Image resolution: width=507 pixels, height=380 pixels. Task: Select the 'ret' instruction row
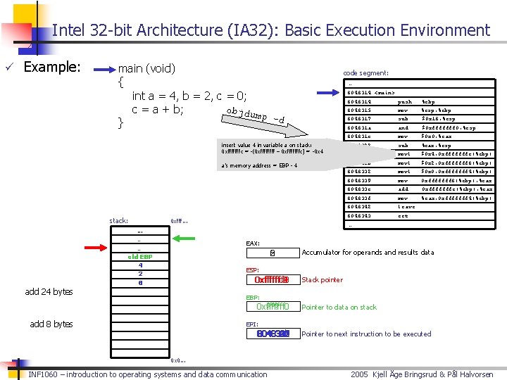point(403,216)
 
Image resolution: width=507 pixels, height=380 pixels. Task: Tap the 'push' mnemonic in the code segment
point(405,101)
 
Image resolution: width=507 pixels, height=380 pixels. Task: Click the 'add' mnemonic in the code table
point(403,189)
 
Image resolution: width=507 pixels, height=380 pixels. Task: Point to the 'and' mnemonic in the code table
point(403,128)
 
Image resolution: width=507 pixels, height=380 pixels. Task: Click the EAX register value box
point(273,253)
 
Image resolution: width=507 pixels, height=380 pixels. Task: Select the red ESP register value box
point(272,280)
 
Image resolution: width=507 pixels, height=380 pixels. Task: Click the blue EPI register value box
point(272,334)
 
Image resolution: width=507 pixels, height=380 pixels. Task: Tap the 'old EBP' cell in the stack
point(140,257)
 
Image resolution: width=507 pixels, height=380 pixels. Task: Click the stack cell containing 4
point(140,265)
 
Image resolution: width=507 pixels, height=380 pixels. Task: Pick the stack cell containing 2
point(140,274)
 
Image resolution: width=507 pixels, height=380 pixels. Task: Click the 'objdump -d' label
point(256,116)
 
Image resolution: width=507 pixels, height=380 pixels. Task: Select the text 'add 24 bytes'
point(49,292)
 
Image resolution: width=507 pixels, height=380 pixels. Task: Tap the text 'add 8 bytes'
point(51,324)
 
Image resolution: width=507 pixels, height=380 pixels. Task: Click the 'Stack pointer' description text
point(322,280)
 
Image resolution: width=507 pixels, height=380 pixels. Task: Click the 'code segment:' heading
point(365,73)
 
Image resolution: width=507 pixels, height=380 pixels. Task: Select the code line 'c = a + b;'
point(158,109)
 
